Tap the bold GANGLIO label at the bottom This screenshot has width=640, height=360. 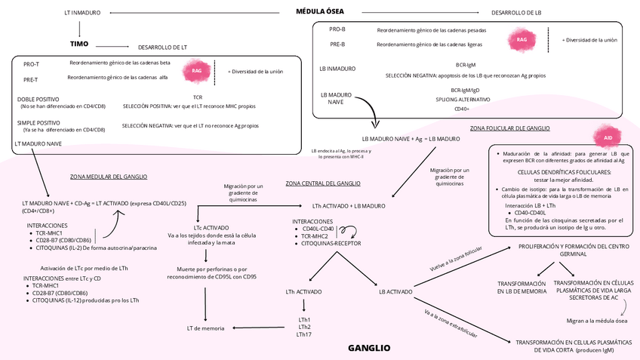pyautogui.click(x=369, y=348)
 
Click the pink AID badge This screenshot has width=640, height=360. pyautogui.click(x=608, y=137)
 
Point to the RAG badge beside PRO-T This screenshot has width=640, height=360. pyautogui.click(x=197, y=70)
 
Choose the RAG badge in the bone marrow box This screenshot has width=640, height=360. pyautogui.click(x=522, y=39)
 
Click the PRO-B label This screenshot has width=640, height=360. pyautogui.click(x=337, y=29)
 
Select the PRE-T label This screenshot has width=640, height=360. pyautogui.click(x=31, y=79)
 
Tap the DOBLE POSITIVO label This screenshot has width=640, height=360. pyautogui.click(x=38, y=99)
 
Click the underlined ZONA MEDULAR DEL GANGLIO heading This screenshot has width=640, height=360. pyautogui.click(x=109, y=177)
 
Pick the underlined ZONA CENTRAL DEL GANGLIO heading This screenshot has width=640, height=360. pyautogui.click(x=323, y=183)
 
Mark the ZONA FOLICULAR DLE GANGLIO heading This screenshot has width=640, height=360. pyautogui.click(x=509, y=128)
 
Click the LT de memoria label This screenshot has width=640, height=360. pyautogui.click(x=205, y=328)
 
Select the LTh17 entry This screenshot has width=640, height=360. pyautogui.click(x=303, y=334)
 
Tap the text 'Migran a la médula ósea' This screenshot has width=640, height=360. pyautogui.click(x=597, y=320)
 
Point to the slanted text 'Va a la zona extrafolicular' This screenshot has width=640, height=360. pyautogui.click(x=451, y=322)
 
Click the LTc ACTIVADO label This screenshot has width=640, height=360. pyautogui.click(x=211, y=226)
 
